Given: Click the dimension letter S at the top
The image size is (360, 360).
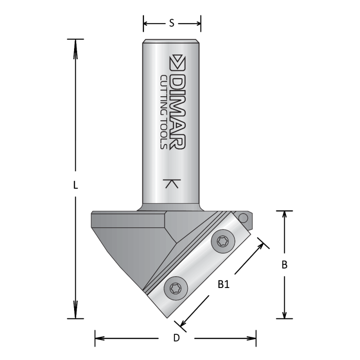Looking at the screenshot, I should pos(171,23).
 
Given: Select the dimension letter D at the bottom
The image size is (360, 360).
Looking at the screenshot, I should pos(176,338).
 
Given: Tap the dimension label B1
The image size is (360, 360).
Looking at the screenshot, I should pos(223,284).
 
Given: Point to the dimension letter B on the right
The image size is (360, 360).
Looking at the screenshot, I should pos(284,265).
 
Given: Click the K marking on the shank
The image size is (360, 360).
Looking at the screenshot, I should pos(171,184).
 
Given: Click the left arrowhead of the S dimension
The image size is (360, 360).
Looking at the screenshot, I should pos(147,23).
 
